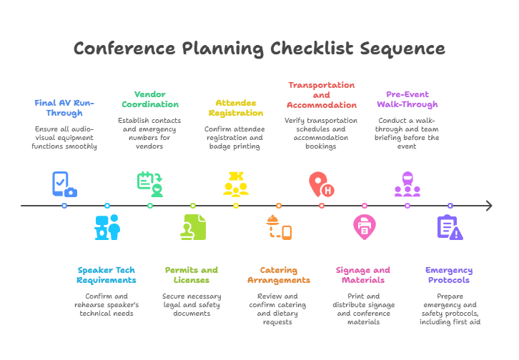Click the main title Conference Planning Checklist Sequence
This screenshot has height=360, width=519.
pos(259,49)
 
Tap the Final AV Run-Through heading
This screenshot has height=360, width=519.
pos(64,108)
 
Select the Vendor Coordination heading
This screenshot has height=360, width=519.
pos(150,99)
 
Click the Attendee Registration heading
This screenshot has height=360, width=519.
pos(236,108)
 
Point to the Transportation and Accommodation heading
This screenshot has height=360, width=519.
pos(321,94)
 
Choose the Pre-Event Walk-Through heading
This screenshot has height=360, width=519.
pos(407,99)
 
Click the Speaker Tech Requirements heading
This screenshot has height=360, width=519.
pos(107,275)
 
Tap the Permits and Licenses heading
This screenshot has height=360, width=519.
pos(192,275)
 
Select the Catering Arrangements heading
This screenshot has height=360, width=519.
pos(278,275)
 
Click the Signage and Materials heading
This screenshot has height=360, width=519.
pos(363,275)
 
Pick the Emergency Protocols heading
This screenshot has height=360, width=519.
pos(449,275)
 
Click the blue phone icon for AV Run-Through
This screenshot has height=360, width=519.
pos(64,184)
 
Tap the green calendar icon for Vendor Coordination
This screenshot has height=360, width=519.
pos(150,184)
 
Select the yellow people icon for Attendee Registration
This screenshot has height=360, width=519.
pos(236,184)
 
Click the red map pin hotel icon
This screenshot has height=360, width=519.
pos(320,184)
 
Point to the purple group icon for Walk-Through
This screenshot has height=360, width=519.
pos(407,184)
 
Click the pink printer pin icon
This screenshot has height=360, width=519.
pos(364,227)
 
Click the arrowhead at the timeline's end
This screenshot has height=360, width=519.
pos(489,206)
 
